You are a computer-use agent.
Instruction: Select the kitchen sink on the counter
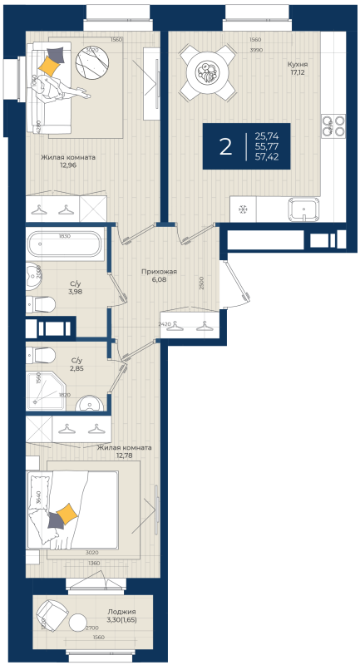pyautogui.click(x=303, y=209)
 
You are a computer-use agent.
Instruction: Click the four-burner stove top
pyautogui.click(x=333, y=126)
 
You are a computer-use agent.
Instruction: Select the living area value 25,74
pyautogui.click(x=267, y=135)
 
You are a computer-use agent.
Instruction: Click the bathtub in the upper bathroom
pyautogui.click(x=64, y=245)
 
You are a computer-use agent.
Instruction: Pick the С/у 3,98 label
pyautogui.click(x=73, y=287)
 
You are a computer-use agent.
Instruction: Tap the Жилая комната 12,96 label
pyautogui.click(x=68, y=160)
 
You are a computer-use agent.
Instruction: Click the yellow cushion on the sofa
pyautogui.click(x=51, y=62)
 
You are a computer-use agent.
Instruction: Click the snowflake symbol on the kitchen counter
pyautogui.click(x=243, y=209)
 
